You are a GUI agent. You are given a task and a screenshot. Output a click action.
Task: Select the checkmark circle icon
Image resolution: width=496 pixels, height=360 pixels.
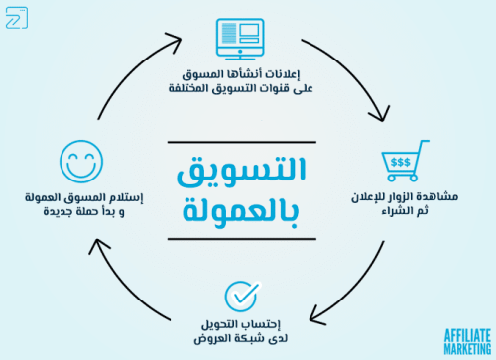tap(241, 297)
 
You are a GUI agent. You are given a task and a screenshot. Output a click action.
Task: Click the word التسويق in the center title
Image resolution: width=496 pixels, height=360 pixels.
tap(241, 173)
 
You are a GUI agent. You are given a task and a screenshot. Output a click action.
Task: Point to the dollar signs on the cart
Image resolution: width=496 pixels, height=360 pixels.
tap(402, 162)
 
